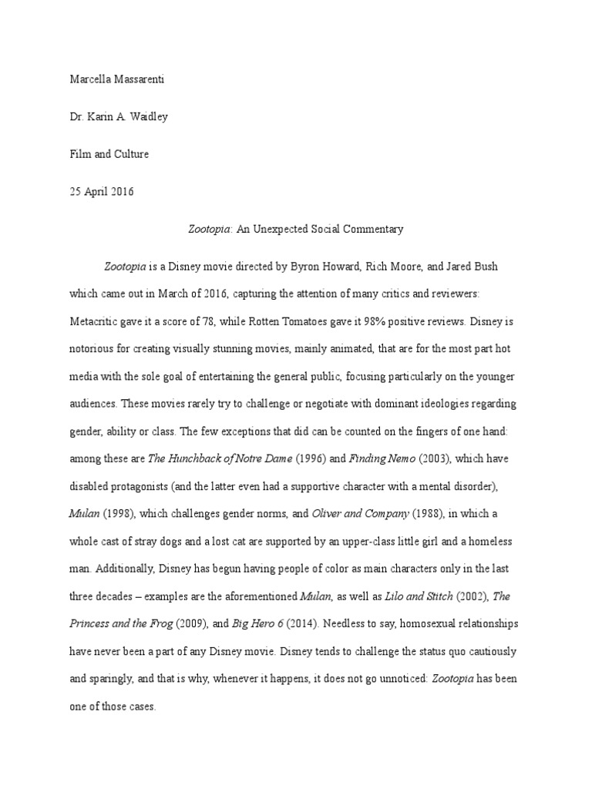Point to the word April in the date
click(100, 191)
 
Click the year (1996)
click(311, 458)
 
